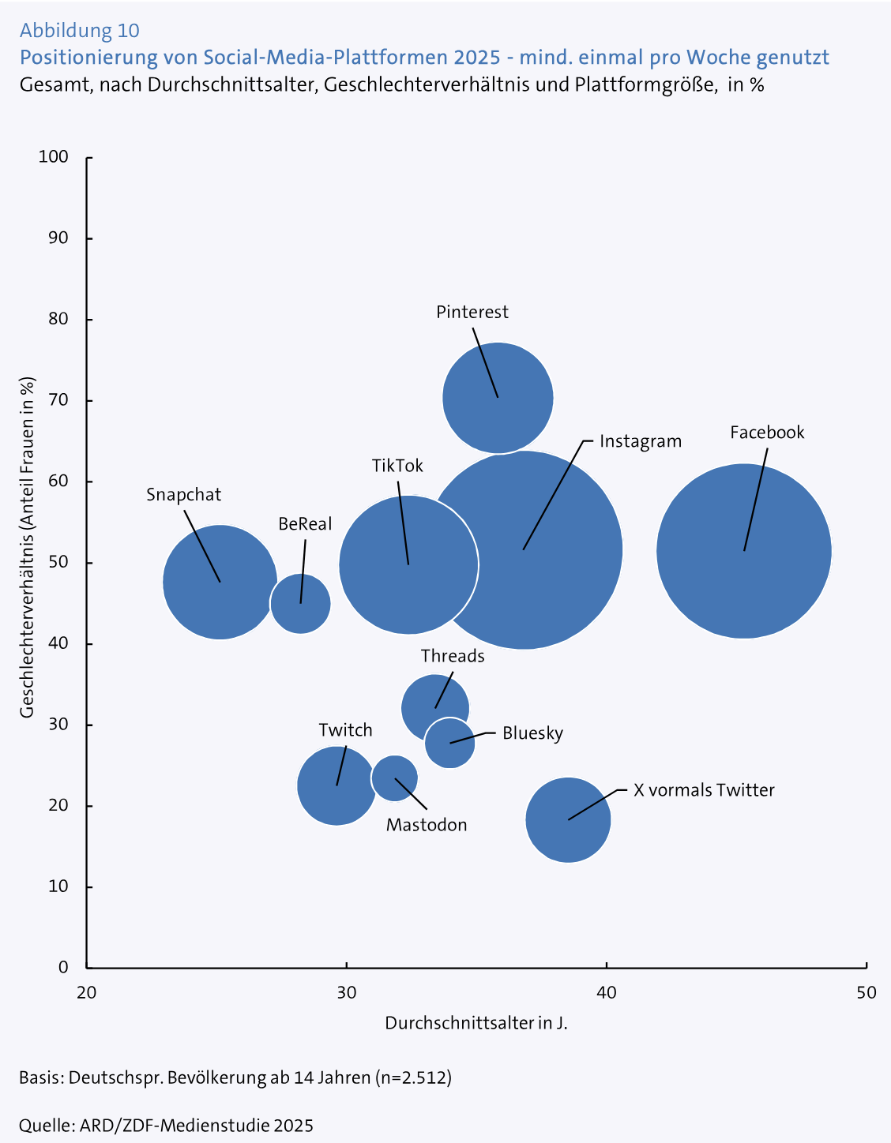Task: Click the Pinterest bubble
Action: click(x=498, y=398)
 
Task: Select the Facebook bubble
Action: click(x=744, y=551)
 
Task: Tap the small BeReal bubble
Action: click(x=300, y=604)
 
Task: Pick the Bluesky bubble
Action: click(x=450, y=743)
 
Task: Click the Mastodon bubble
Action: click(x=394, y=778)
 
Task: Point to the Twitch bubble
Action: click(x=336, y=785)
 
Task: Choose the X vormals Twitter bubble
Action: click(x=568, y=820)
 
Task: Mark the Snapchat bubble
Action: click(x=220, y=582)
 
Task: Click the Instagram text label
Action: click(x=640, y=441)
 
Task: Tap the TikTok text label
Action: click(x=397, y=466)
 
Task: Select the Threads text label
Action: click(x=452, y=656)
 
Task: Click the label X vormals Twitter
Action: click(x=704, y=790)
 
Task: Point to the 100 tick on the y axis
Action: click(x=54, y=158)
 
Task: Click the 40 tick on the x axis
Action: click(x=606, y=992)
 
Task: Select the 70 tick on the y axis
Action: click(x=58, y=401)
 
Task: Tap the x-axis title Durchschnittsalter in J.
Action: click(x=476, y=1023)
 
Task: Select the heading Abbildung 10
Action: click(x=79, y=31)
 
